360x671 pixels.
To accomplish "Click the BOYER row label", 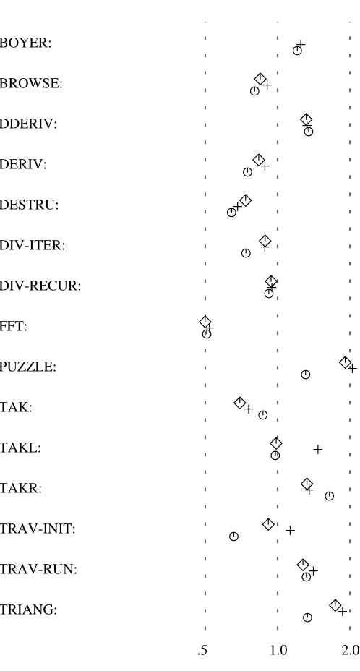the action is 25,43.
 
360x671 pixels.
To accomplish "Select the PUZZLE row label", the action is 27,367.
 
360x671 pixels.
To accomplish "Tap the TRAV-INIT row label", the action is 38,529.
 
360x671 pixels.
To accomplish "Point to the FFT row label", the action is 14,327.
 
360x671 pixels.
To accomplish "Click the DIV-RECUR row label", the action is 40,286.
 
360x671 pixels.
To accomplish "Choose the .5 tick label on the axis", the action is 202,651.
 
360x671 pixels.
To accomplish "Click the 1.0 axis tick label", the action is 278,651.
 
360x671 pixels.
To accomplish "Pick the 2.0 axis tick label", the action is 351,651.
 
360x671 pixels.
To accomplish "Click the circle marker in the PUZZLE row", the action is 305,375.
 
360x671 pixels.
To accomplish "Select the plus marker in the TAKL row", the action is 317,449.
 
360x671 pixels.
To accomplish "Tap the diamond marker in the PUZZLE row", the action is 345,362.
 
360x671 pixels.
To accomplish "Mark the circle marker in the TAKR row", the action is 329,496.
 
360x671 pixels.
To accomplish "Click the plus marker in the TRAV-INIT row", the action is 290,531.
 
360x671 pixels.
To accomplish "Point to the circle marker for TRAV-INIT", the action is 233,537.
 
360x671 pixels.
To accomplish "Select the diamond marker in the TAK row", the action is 240,403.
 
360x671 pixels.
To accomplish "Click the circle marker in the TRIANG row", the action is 307,617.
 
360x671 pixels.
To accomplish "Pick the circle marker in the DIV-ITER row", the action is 246,253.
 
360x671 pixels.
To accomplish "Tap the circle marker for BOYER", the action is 298,51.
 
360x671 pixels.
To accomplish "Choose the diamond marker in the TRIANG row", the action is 335,605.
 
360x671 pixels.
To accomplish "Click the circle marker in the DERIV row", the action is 247,172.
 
